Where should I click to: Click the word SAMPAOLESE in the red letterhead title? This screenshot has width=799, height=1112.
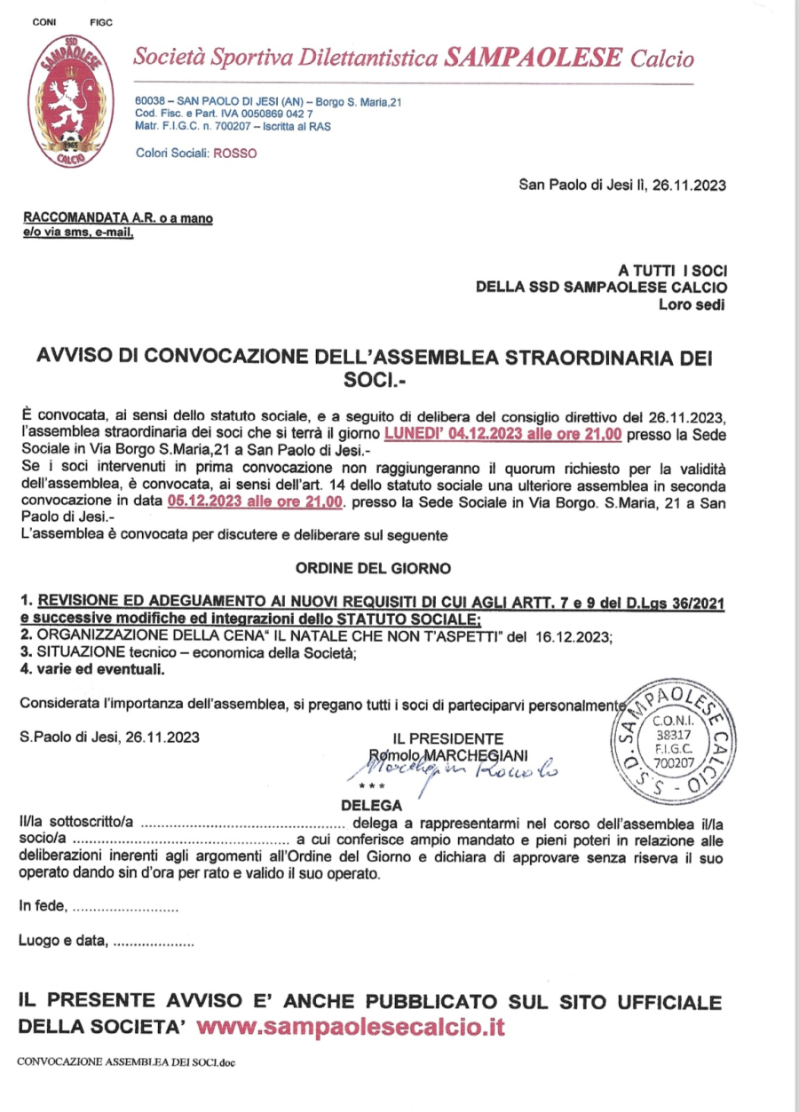[534, 59]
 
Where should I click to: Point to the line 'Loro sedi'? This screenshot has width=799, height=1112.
[692, 304]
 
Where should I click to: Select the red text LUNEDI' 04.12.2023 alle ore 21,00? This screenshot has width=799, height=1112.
[502, 434]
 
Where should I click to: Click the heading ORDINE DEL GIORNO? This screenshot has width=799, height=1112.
[373, 567]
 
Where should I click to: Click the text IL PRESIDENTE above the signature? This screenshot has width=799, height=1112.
[448, 738]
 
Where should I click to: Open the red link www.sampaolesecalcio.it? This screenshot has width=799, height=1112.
[351, 1028]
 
